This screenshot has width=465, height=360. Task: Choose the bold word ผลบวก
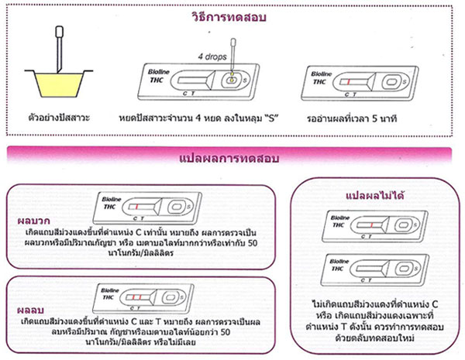pyautogui.click(x=27, y=218)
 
